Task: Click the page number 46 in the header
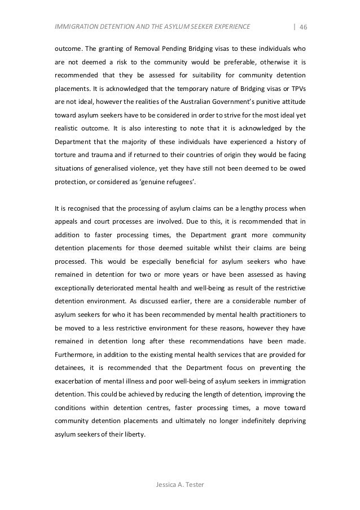coord(302,26)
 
